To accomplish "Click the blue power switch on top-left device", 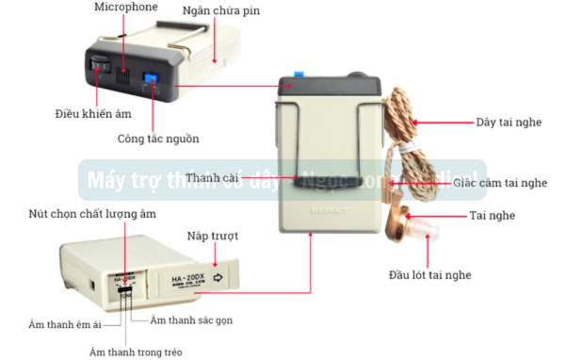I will click(149, 80).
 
